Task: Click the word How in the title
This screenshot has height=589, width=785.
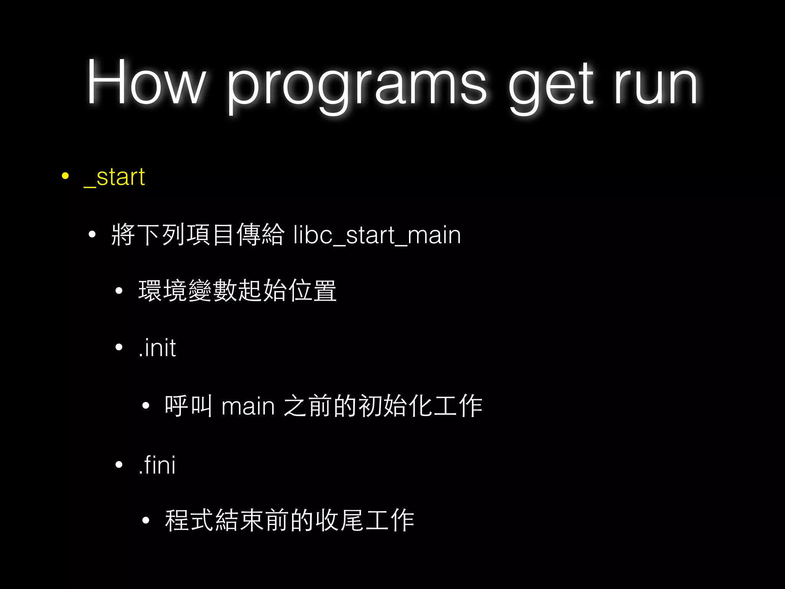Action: click(146, 82)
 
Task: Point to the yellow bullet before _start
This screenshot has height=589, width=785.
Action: click(65, 176)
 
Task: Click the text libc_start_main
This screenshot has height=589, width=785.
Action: click(377, 235)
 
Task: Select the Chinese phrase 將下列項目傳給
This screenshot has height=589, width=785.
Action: click(197, 234)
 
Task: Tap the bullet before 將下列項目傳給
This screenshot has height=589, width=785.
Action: click(92, 234)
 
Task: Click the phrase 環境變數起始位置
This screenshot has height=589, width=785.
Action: click(237, 291)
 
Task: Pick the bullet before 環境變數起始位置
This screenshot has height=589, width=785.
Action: click(119, 291)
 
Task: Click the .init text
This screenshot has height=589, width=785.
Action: click(157, 348)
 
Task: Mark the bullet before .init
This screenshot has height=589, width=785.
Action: click(119, 347)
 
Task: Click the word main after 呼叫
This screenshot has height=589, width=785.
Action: click(248, 406)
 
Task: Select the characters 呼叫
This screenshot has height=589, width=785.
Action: click(188, 406)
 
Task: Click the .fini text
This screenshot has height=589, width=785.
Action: click(157, 465)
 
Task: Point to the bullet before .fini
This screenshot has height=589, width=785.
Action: click(119, 465)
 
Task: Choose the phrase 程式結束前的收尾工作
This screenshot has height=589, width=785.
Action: click(289, 521)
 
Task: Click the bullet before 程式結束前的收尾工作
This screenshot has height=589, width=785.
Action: click(145, 520)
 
